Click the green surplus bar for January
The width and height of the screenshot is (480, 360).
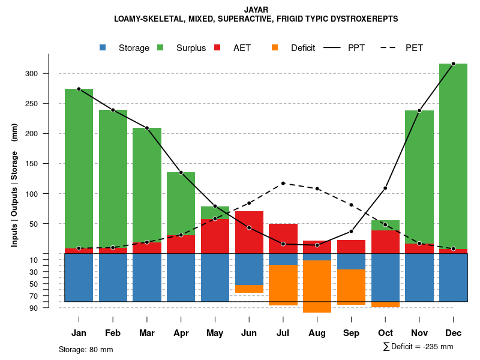coord(79,168)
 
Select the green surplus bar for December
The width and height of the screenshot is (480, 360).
coord(453,156)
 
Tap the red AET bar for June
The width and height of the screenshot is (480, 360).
coord(249,232)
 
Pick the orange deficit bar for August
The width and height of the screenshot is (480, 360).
coord(317,286)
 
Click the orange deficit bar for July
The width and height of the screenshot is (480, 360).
coord(283,285)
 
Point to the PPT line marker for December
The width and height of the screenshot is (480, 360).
coord(453,64)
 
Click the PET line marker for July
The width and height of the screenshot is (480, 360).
coord(283,183)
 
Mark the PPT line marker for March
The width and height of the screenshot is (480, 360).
coord(147,128)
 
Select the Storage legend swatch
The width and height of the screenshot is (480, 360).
coord(103,48)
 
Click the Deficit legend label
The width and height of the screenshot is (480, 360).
coord(303,48)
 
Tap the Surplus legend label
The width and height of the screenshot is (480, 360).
coord(191,48)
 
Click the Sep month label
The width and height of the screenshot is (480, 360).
coord(351,333)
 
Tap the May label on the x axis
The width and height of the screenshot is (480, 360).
coord(215,333)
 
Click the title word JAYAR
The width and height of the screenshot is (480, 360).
coord(256,10)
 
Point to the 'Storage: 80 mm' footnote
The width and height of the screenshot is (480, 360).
coord(86,349)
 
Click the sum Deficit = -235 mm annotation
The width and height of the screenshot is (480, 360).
coord(418,347)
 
